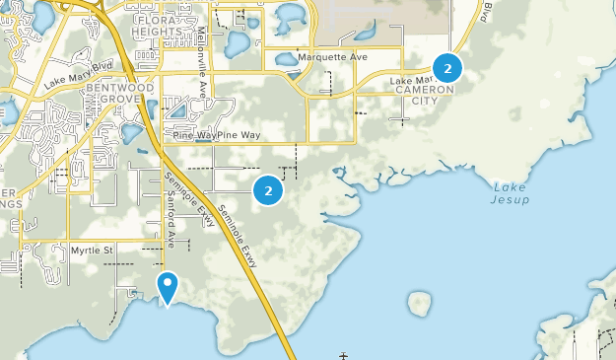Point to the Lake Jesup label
coord(510,193)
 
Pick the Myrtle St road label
coord(93,251)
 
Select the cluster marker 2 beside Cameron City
coord(447,68)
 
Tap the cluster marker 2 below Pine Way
coord(267,189)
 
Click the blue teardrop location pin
coord(168,287)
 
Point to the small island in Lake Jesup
coord(420,304)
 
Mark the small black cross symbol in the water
coord(344,355)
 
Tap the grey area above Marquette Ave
coord(384,22)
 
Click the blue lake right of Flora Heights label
coord(238,44)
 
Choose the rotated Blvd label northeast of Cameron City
coord(486,11)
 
